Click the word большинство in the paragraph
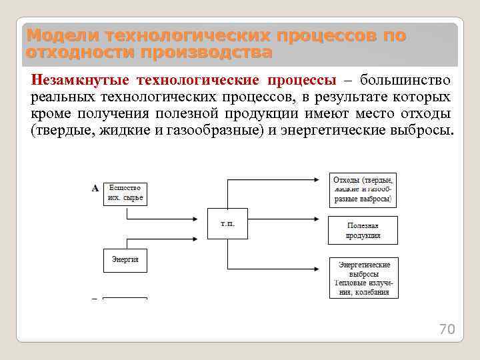click(x=405, y=81)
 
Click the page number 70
click(x=446, y=329)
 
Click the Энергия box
click(x=125, y=260)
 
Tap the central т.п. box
click(x=227, y=224)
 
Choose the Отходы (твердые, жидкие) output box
click(x=363, y=189)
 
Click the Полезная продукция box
click(x=363, y=230)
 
